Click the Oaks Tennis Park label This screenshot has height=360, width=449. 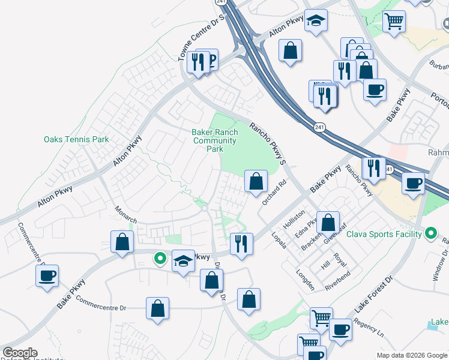point(76,139)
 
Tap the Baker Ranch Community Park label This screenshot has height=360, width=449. point(214,140)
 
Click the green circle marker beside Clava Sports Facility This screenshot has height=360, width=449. point(430,233)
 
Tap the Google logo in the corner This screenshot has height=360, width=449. point(20,353)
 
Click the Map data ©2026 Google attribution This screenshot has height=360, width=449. point(412,355)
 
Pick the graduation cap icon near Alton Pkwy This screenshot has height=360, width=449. point(316,22)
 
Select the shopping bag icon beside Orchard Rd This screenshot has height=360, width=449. point(256,181)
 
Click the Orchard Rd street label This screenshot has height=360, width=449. point(273,191)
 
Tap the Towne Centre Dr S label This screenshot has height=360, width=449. point(205,34)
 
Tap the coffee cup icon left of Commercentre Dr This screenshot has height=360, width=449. point(47,277)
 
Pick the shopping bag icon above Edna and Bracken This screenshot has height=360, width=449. point(328,223)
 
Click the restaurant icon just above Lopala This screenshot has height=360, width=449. point(241,244)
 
